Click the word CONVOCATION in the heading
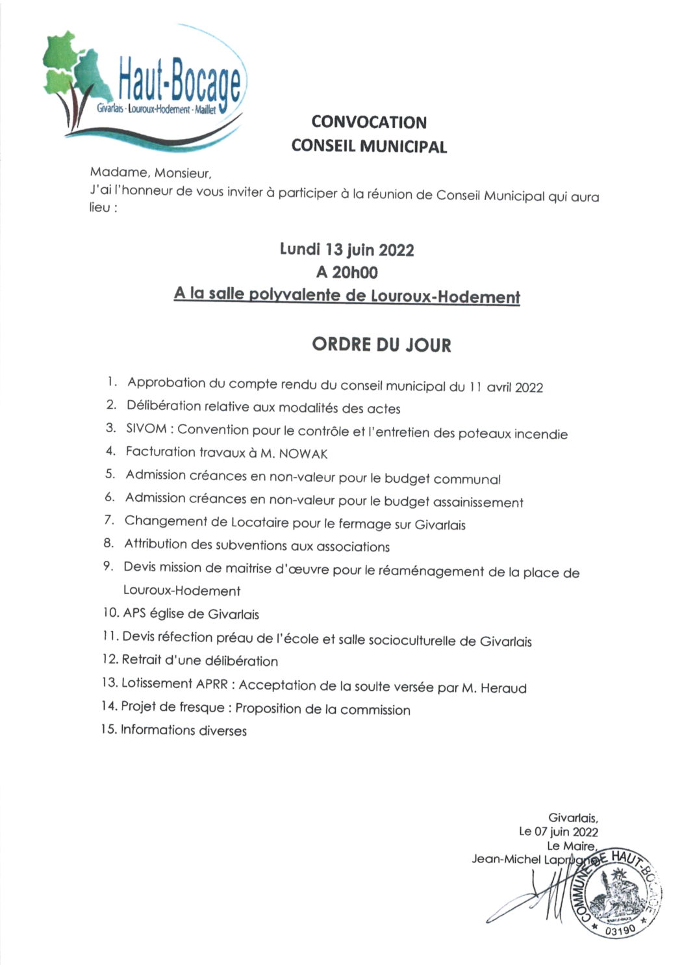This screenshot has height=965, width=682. pyautogui.click(x=369, y=122)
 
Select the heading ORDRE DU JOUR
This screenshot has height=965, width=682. pyautogui.click(x=381, y=344)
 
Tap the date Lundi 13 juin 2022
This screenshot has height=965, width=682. pyautogui.click(x=347, y=250)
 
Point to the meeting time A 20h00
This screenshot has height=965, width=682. pyautogui.click(x=346, y=272)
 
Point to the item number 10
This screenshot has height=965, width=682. pyautogui.click(x=110, y=613)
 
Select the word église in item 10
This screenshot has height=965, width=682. pyautogui.click(x=168, y=613)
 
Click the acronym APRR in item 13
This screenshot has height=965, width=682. pyautogui.click(x=212, y=684)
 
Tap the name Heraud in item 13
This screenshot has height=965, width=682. pyautogui.click(x=503, y=688)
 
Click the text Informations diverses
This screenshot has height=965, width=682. pyautogui.click(x=184, y=730)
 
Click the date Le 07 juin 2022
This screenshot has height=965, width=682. pyautogui.click(x=559, y=831)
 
